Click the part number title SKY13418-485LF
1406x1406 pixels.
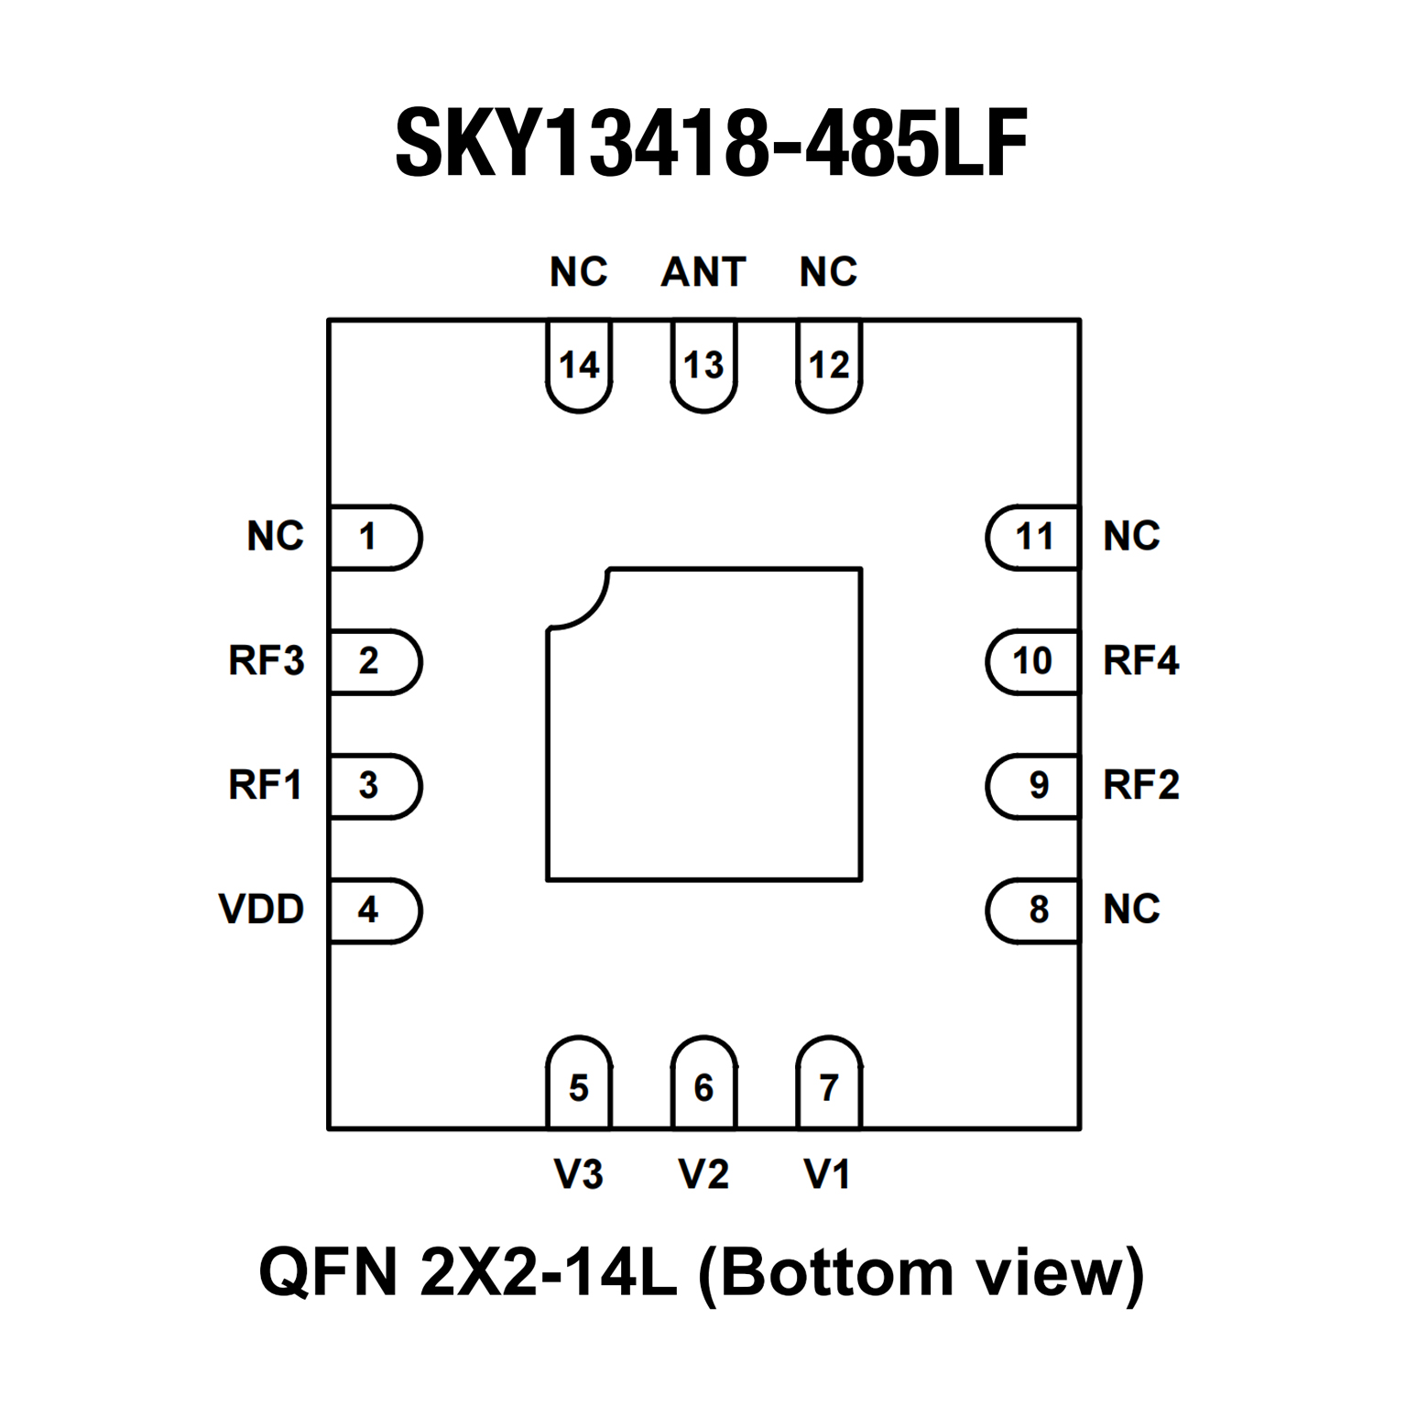pyautogui.click(x=711, y=143)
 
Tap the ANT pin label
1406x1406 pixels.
pyautogui.click(x=703, y=272)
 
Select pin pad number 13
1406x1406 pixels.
pyautogui.click(x=703, y=365)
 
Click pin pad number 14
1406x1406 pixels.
pyautogui.click(x=579, y=365)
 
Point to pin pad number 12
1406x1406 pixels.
pyautogui.click(x=829, y=365)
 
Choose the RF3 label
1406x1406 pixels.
pyautogui.click(x=266, y=660)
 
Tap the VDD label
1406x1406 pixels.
pyautogui.click(x=261, y=910)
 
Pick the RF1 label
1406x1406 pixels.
pyautogui.click(x=265, y=785)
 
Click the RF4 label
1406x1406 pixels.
pyautogui.click(x=1140, y=660)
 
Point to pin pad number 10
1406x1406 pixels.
pyautogui.click(x=1032, y=660)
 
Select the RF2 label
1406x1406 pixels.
pyautogui.click(x=1140, y=785)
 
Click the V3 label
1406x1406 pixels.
pyautogui.click(x=579, y=1174)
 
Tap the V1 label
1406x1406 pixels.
pyautogui.click(x=827, y=1174)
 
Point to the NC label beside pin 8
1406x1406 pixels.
pyautogui.click(x=1131, y=910)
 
